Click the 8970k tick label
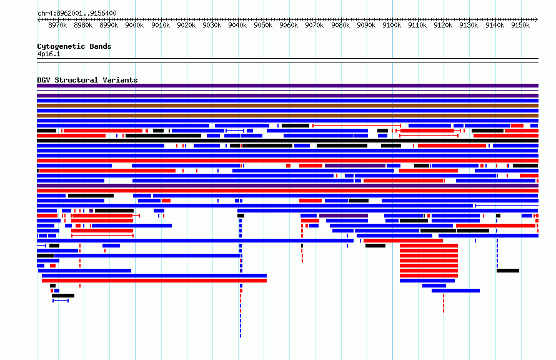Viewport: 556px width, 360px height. pos(57,25)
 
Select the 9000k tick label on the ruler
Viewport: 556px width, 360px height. pos(134,25)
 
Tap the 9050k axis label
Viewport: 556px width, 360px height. pos(263,25)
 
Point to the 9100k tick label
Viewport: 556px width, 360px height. pos(392,25)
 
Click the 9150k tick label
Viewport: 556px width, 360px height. pos(520,25)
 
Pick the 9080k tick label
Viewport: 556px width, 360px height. pos(340,25)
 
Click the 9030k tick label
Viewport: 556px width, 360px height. pos(212,25)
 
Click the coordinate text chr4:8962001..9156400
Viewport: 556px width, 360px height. pos(77,13)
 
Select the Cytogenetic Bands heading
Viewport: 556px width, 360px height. pos(74,46)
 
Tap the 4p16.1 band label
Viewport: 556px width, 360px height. pos(49,54)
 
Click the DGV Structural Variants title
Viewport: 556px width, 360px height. pos(87,80)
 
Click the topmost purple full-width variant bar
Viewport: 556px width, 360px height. pos(287,86)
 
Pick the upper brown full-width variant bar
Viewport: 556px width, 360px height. pos(287,106)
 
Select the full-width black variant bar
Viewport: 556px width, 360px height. pos(287,141)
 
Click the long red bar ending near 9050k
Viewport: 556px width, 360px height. pos(154,281)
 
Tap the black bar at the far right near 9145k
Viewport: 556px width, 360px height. pos(508,271)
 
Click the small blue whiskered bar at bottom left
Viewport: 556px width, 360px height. pos(61,301)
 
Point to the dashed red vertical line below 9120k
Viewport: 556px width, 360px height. pos(444,303)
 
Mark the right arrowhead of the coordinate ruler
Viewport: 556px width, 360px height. pos(537,19)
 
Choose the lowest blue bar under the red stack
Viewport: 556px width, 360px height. pos(455,291)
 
